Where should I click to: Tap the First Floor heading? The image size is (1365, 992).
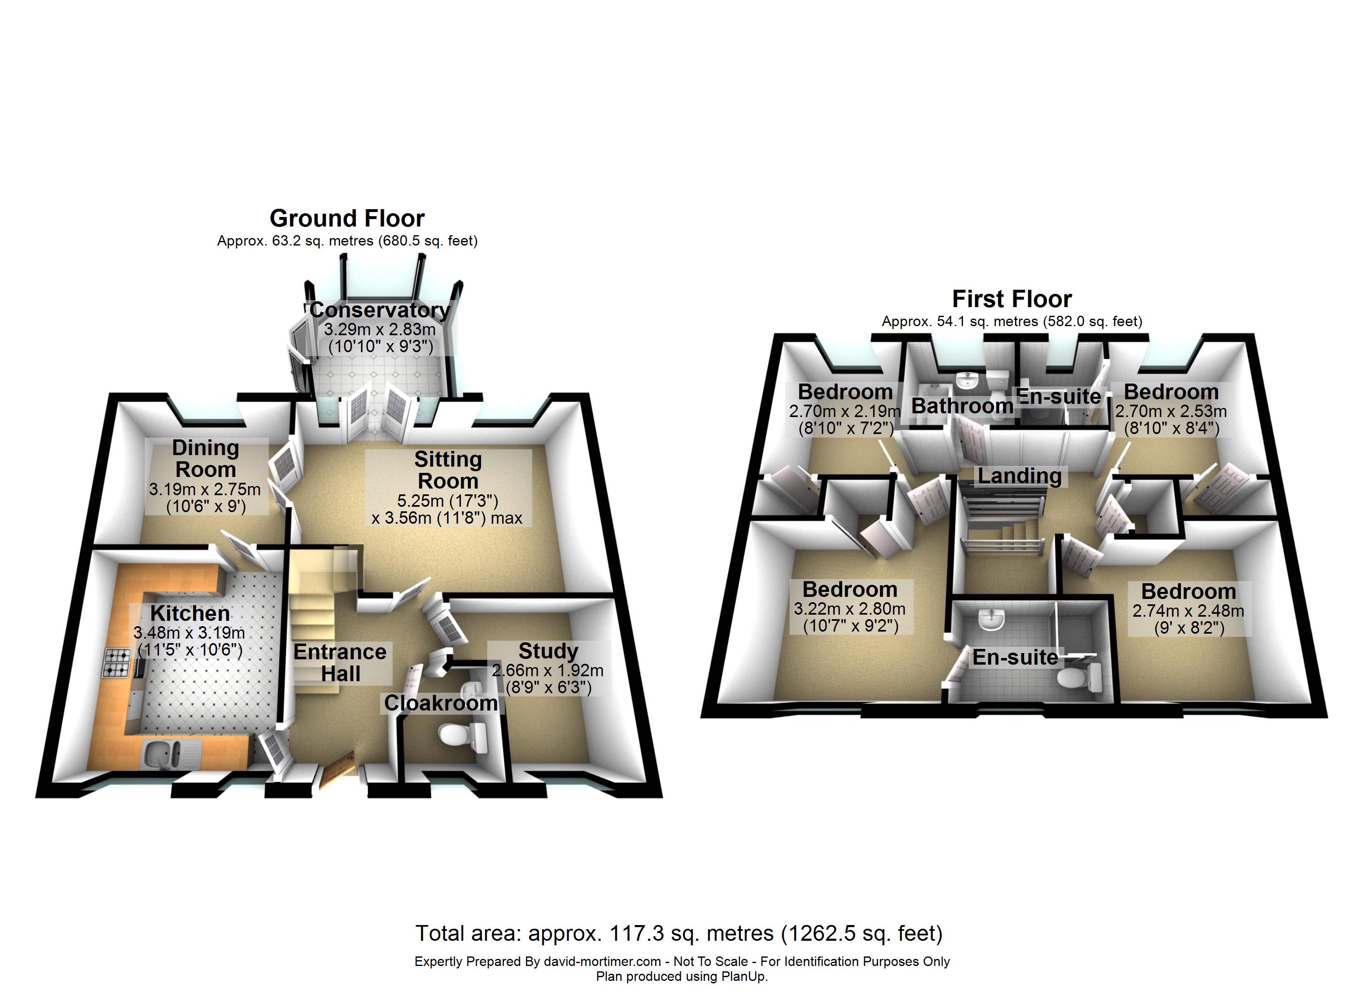[1012, 298]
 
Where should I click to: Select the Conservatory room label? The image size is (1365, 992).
[379, 310]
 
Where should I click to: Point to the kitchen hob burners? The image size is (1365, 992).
[117, 662]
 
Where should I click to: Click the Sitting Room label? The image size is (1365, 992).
[448, 470]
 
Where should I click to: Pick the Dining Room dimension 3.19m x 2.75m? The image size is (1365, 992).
[205, 489]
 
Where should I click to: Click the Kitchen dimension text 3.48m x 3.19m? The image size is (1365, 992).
[189, 633]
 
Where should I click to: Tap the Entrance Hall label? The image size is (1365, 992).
[340, 662]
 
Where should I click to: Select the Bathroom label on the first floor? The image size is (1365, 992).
[962, 405]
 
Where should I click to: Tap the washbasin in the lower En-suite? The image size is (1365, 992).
[991, 619]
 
